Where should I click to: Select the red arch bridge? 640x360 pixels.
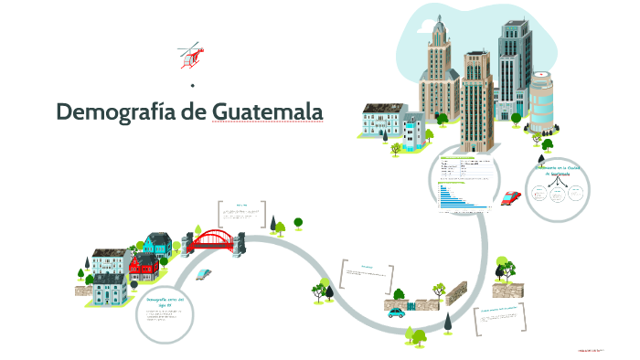(x=215, y=240)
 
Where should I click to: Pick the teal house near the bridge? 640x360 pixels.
(x=157, y=244)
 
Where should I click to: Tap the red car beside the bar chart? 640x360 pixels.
(x=512, y=196)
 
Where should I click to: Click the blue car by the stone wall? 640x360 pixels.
(x=396, y=312)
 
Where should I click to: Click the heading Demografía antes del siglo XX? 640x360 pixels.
(x=165, y=301)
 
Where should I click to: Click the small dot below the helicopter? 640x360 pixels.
(x=192, y=85)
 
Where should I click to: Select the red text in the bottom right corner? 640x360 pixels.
(x=592, y=349)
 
